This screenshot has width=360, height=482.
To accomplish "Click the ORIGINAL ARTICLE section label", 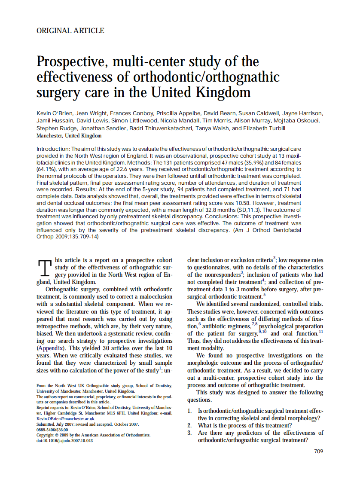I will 70,31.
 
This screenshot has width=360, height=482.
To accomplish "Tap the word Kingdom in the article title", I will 224,92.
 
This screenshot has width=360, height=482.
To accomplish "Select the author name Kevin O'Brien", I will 54,113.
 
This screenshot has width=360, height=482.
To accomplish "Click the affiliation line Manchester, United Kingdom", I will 69,136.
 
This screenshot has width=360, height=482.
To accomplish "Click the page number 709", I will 318,451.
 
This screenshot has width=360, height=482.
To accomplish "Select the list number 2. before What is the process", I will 189,425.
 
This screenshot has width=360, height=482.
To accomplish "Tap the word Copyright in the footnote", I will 46,435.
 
